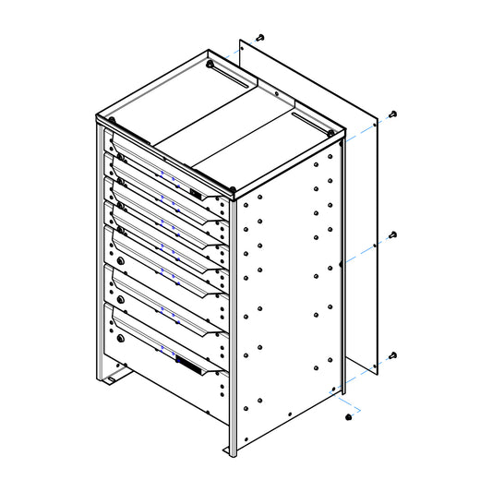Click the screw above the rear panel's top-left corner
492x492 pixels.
pyautogui.click(x=260, y=38)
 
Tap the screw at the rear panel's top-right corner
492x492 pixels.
pyautogui.click(x=393, y=114)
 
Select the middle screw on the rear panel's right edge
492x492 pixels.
pyautogui.click(x=392, y=234)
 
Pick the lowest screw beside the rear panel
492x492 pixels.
pyautogui.click(x=393, y=355)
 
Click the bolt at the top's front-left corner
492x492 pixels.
pyautogui.click(x=111, y=120)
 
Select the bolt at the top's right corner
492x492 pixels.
pyautogui.click(x=330, y=132)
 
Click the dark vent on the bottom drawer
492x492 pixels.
pyautogui.click(x=189, y=366)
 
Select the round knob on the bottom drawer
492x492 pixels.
pyautogui.click(x=119, y=338)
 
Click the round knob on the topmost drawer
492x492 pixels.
pyautogui.click(x=117, y=150)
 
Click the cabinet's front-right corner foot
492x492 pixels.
pyautogui.click(x=229, y=450)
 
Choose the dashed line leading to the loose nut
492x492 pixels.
pyautogui.click(x=352, y=405)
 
